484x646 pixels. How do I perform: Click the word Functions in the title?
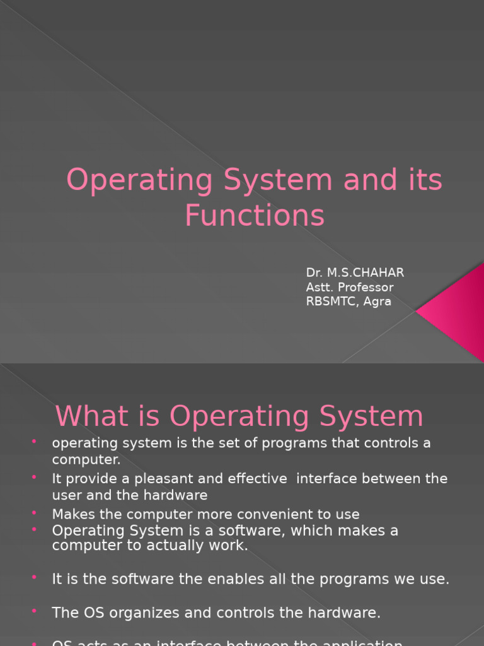point(255,215)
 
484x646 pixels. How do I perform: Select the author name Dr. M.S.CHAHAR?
point(355,273)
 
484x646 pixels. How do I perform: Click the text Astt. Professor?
point(350,287)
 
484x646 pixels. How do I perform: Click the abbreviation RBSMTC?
point(330,302)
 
